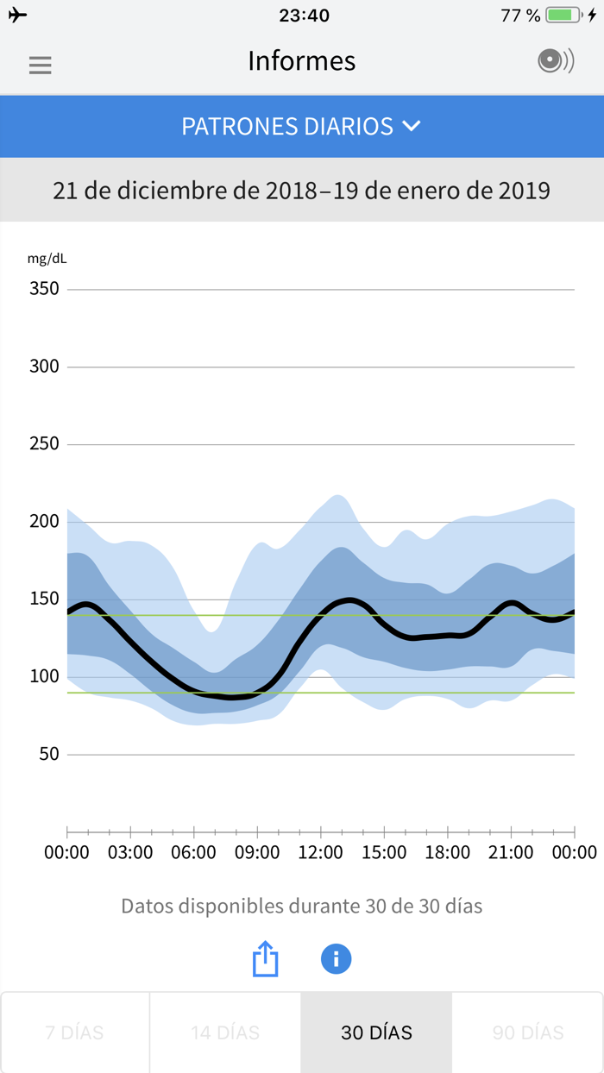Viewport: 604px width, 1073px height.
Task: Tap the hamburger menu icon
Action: point(40,65)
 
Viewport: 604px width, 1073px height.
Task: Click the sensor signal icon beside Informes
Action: point(555,60)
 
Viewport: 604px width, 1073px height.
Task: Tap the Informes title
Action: point(301,61)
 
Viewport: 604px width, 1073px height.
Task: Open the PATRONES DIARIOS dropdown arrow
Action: point(412,126)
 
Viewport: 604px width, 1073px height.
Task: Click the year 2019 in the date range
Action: point(524,190)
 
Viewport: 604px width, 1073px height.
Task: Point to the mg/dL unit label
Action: point(47,258)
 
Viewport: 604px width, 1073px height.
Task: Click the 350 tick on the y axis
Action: point(44,289)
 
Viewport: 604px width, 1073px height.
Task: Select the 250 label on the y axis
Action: point(44,444)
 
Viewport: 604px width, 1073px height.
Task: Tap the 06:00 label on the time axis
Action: point(193,853)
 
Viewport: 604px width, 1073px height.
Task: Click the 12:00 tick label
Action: point(320,853)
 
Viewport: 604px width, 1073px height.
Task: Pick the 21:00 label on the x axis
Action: point(511,853)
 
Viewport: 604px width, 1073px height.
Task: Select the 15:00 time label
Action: point(384,853)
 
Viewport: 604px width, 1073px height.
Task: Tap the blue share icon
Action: point(266,958)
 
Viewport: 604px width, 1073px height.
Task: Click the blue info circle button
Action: point(336,958)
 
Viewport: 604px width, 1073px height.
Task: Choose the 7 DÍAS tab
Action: point(74,1032)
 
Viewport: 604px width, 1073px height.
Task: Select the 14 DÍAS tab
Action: point(225,1032)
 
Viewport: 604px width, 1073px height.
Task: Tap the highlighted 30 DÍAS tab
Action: point(376,1032)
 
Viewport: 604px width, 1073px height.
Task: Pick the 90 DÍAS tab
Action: point(527,1032)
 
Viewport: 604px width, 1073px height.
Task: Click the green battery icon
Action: point(563,16)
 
